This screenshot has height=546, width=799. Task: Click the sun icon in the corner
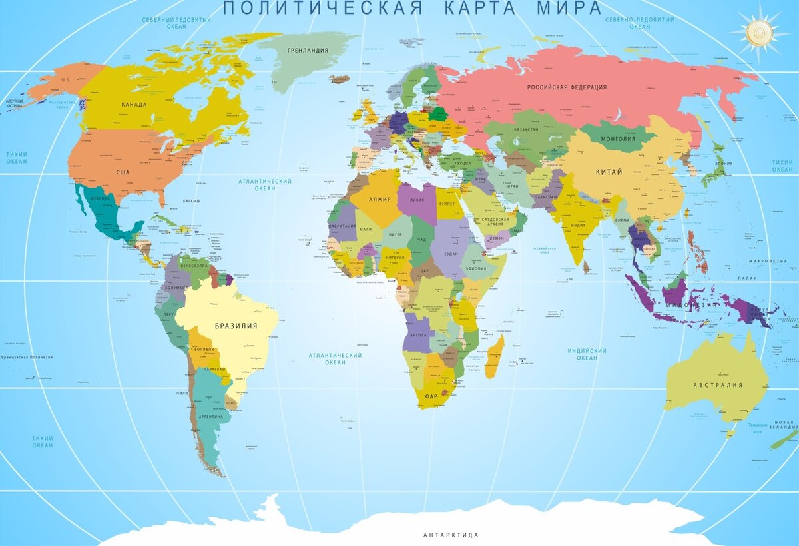click(758, 31)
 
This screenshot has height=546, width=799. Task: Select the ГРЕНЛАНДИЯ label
click(308, 51)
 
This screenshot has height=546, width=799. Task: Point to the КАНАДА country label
click(134, 105)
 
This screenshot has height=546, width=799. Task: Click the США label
click(123, 172)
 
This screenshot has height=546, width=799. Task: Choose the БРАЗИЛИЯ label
click(236, 326)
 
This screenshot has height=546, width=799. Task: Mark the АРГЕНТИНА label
click(210, 416)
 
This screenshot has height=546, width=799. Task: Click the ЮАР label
click(431, 396)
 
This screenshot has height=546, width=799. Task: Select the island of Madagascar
click(495, 356)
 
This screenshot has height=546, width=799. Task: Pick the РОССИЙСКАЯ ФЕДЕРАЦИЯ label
click(567, 87)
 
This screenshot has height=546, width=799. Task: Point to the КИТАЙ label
click(609, 172)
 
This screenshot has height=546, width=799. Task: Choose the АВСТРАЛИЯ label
click(717, 385)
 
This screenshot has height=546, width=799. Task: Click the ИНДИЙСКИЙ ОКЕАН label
click(587, 354)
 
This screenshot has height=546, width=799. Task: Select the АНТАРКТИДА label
click(451, 535)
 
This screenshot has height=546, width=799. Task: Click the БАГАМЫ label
click(191, 201)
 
